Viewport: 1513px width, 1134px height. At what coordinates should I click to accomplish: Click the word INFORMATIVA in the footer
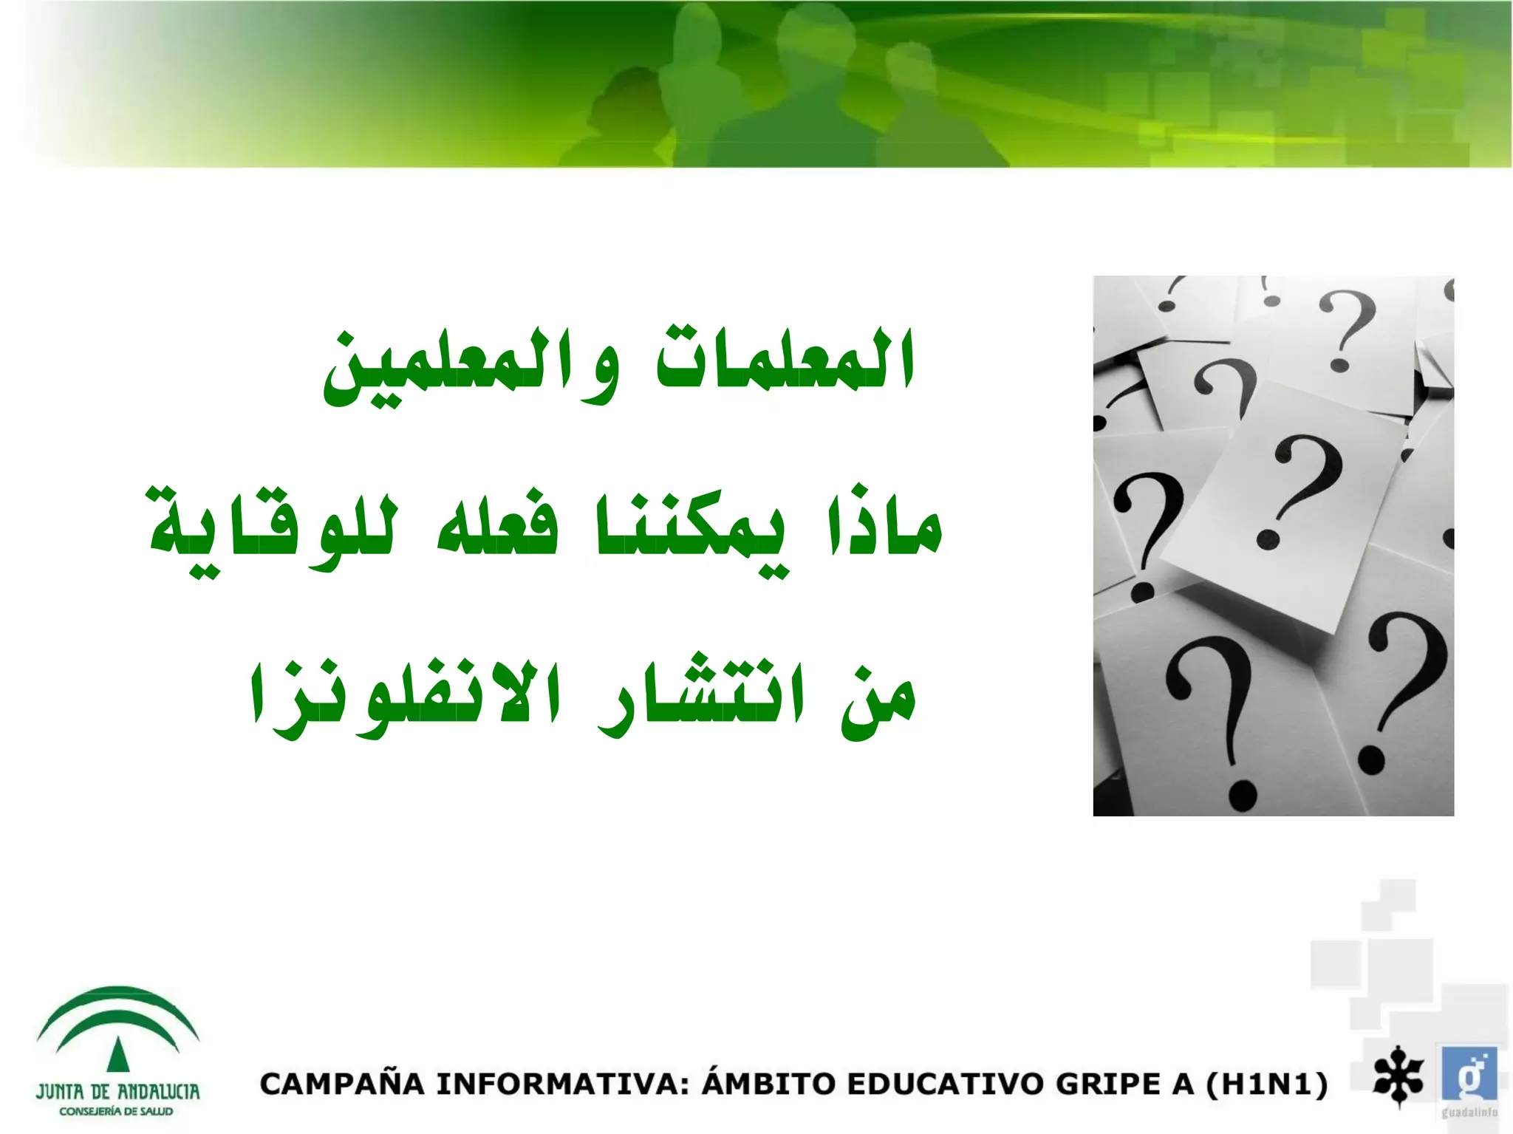[562, 1085]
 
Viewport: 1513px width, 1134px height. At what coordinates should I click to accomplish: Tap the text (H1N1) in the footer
[1266, 1085]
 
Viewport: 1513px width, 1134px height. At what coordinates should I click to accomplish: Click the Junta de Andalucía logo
[117, 1049]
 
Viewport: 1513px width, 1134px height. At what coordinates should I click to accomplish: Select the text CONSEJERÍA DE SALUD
[116, 1112]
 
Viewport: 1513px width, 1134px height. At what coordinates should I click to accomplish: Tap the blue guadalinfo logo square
[1469, 1075]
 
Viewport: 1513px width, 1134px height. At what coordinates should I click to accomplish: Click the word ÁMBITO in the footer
[768, 1083]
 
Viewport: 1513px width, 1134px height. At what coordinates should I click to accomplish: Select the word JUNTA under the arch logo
[59, 1092]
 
